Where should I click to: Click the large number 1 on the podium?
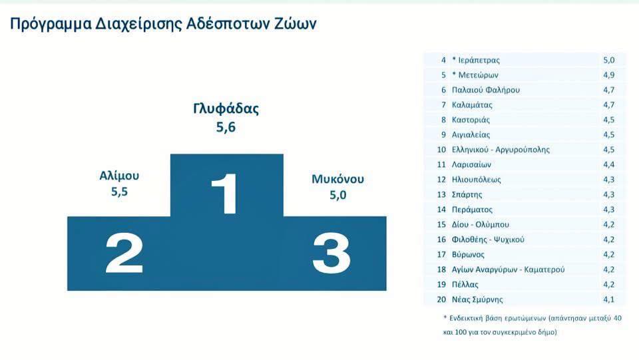click(225, 194)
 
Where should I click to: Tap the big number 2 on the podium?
click(124, 253)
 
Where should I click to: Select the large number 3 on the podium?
click(331, 253)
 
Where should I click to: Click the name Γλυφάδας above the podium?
click(226, 108)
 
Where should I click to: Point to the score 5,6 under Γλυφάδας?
click(226, 127)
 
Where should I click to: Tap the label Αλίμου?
click(119, 176)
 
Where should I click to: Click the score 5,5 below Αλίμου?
click(119, 192)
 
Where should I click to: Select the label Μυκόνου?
click(337, 179)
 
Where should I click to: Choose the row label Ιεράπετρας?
click(479, 61)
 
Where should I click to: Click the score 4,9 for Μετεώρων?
click(609, 75)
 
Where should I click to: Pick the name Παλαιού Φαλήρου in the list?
click(486, 90)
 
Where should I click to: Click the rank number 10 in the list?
click(441, 150)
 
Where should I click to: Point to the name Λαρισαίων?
click(471, 164)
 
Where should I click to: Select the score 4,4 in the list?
click(609, 164)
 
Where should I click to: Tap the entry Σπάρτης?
click(467, 195)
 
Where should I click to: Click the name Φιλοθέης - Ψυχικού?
click(488, 240)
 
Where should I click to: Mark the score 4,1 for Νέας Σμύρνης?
click(609, 299)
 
